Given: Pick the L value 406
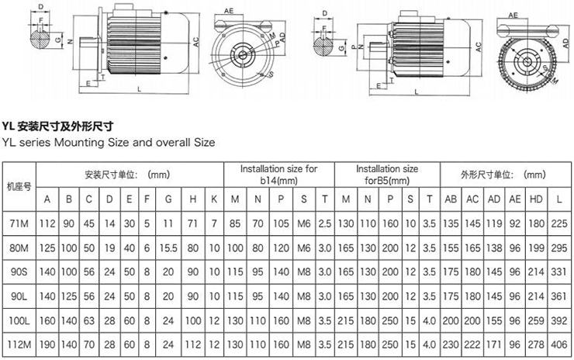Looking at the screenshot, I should tap(558, 344).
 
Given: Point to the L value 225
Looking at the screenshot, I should tap(558, 223).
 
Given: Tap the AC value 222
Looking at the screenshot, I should tap(472, 344).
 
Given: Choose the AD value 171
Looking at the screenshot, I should tap(493, 344).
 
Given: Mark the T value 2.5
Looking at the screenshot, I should tap(325, 223).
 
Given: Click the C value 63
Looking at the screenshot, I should tap(89, 320).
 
